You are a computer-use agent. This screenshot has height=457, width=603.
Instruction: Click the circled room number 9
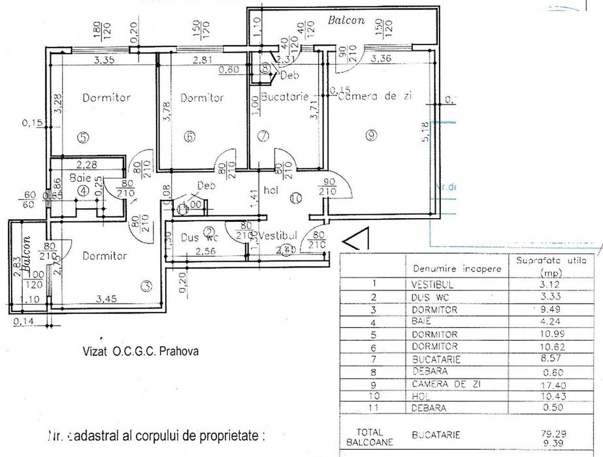(x=371, y=135)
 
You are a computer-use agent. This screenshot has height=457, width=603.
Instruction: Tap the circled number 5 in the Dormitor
(x=82, y=137)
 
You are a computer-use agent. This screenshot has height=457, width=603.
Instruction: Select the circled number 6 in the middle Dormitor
(x=189, y=137)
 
